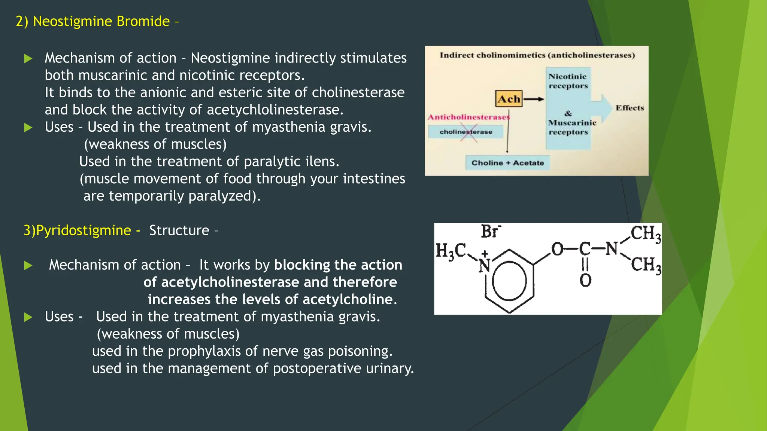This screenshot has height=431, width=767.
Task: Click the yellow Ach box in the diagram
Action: pyautogui.click(x=509, y=99)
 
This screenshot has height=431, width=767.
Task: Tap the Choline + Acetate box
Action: pyautogui.click(x=507, y=163)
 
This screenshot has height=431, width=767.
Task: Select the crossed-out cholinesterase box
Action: pyautogui.click(x=466, y=132)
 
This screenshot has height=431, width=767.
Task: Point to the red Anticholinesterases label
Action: pyautogui.click(x=469, y=117)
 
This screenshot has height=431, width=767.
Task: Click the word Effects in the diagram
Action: pyautogui.click(x=630, y=108)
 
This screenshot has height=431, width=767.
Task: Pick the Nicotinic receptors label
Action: pyautogui.click(x=568, y=81)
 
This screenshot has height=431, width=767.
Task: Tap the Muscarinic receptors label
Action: pyautogui.click(x=572, y=127)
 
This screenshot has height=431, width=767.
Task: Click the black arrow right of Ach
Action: pyautogui.click(x=534, y=99)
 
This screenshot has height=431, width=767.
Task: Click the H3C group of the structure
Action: pyautogui.click(x=451, y=251)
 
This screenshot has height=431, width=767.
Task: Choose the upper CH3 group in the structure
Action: pyautogui.click(x=645, y=234)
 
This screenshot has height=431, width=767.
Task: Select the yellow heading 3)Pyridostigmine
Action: pyautogui.click(x=77, y=230)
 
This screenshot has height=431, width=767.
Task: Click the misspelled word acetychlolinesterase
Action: pyautogui.click(x=275, y=110)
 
